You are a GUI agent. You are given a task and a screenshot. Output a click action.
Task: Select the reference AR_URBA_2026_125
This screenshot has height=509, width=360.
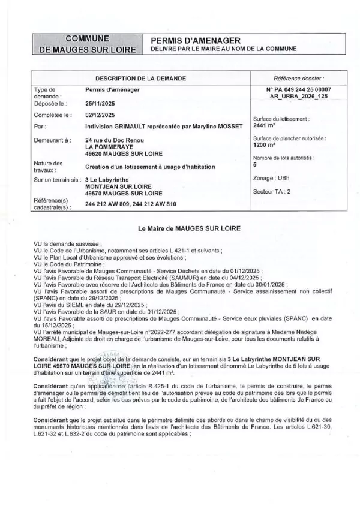(x=298, y=96)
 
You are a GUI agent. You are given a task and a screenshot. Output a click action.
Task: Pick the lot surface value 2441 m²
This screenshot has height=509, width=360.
(x=264, y=125)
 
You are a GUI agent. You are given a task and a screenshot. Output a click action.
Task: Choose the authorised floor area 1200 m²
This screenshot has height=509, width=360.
(x=264, y=144)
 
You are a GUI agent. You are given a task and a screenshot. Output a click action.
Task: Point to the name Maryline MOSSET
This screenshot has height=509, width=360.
(x=218, y=127)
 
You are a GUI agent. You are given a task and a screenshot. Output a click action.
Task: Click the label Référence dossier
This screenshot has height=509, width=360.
(x=298, y=79)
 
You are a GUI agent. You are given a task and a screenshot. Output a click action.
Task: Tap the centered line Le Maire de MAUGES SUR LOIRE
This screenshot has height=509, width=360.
(x=180, y=228)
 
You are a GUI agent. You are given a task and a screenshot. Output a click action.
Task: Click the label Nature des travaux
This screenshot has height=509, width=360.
(x=49, y=167)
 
